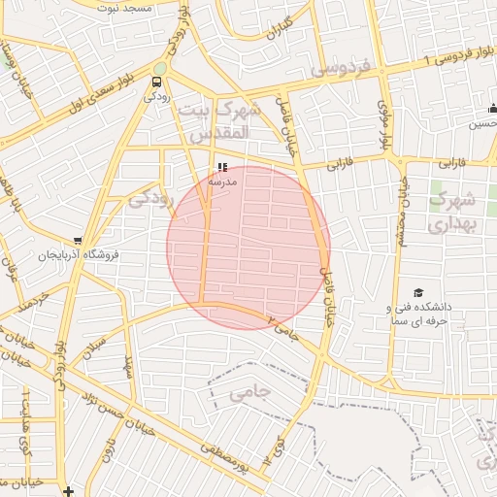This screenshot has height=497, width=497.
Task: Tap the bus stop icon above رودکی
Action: click(x=158, y=81)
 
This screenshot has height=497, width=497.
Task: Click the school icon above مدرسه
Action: click(x=223, y=166)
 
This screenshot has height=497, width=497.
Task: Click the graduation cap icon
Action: click(x=418, y=292)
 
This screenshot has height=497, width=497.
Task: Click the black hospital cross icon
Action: click(x=67, y=491)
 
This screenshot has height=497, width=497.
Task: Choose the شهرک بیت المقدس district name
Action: click(x=229, y=117)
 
